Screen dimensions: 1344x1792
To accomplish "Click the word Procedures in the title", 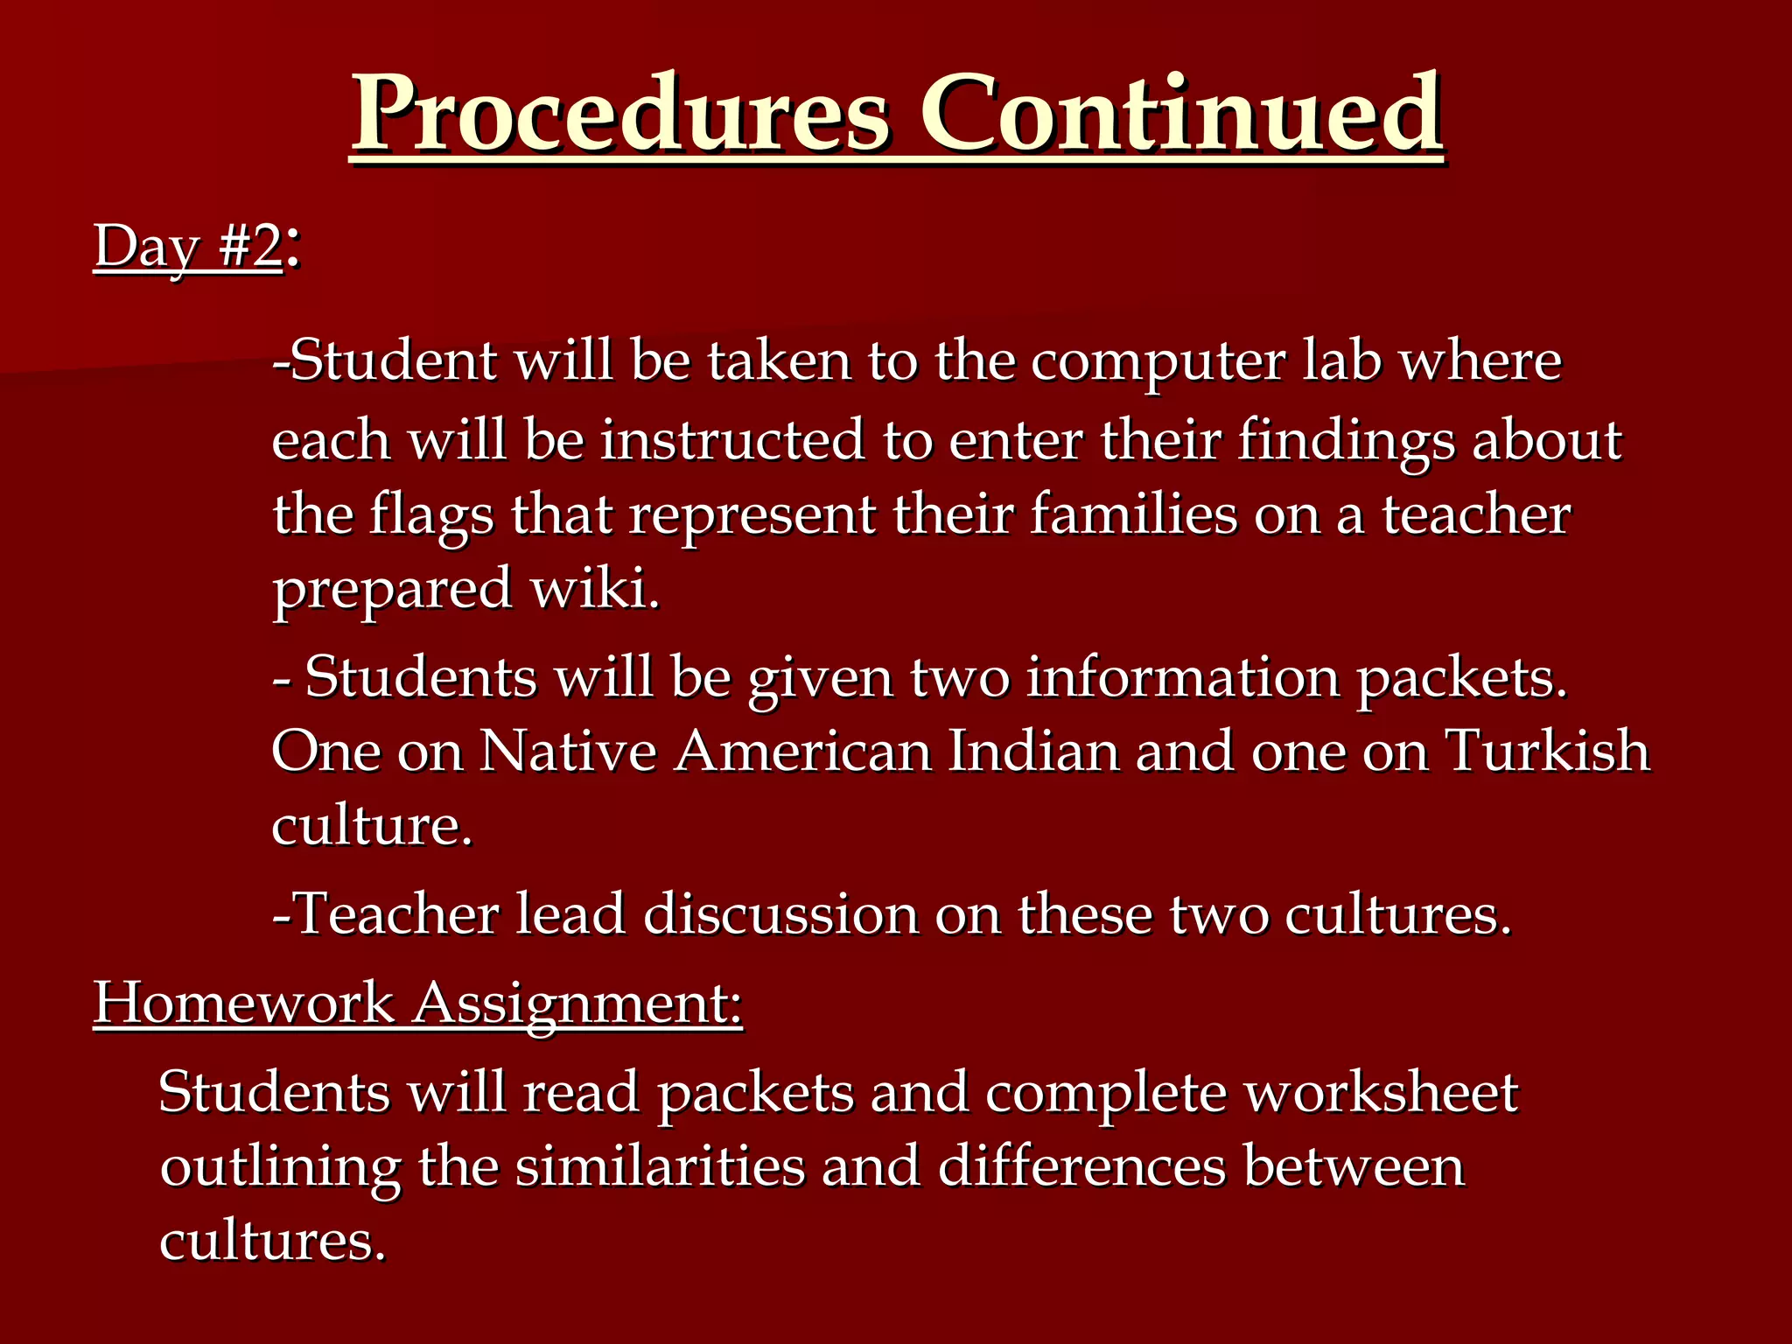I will pos(621,114).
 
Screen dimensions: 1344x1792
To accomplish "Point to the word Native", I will pos(568,752).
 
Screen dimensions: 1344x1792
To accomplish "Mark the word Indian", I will pos(1033,752).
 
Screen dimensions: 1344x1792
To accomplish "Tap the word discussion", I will pos(780,914).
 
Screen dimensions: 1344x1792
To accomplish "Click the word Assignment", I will pos(577,1004).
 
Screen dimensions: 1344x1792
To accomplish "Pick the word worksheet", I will pos(1382,1093).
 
